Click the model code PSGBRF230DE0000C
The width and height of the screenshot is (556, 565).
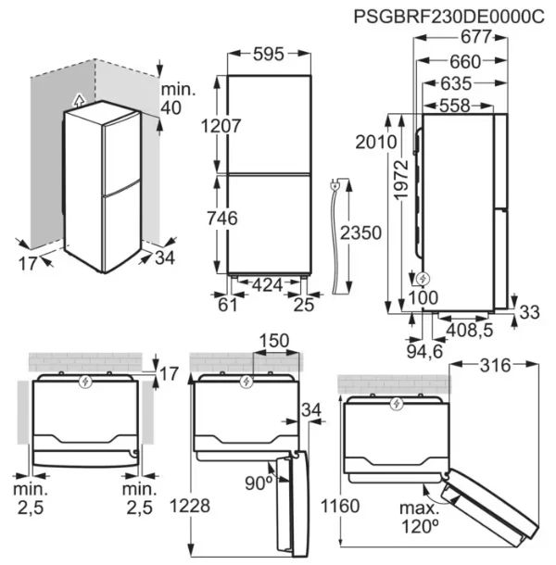coord(449,17)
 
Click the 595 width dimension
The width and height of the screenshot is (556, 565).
coord(269,54)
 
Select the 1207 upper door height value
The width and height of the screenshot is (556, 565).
coord(221,126)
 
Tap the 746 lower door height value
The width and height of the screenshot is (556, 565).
coord(222,219)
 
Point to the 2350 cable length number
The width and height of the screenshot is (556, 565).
coord(360,232)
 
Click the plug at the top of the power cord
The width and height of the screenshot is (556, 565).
coord(335,186)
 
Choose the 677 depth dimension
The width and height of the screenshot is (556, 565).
coord(476,37)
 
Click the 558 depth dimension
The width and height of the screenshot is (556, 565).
coord(455,106)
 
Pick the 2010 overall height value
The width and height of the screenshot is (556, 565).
coord(376,142)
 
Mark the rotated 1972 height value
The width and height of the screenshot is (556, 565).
coord(401,180)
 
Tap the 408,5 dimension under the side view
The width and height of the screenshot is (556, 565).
coord(470,330)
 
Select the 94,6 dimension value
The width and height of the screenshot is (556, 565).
coord(424,351)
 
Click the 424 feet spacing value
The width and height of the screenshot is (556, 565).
coord(267,285)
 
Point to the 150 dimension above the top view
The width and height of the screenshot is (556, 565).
coord(274,341)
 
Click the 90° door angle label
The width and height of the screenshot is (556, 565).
coord(259,483)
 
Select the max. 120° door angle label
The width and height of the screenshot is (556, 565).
coord(420,518)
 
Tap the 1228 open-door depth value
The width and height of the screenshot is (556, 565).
coord(190,506)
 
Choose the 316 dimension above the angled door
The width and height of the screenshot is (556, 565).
coord(496,366)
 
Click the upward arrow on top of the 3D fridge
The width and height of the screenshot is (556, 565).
coord(79,100)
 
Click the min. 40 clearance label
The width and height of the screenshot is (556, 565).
coord(178,99)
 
